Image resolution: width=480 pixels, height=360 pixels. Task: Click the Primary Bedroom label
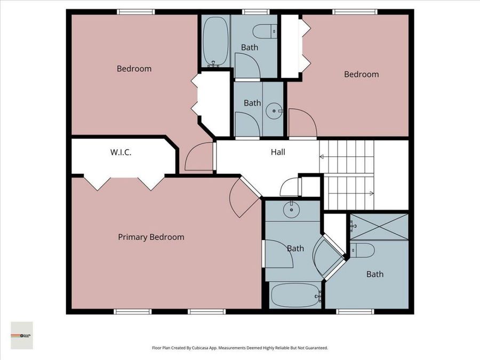pyautogui.click(x=151, y=237)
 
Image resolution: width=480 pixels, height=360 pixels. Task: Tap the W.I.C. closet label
pyautogui.click(x=121, y=153)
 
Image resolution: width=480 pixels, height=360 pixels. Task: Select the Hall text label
pyautogui.click(x=278, y=152)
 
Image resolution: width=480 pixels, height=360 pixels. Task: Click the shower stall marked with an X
pyautogui.click(x=379, y=227)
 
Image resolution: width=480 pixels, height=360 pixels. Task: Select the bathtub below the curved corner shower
pyautogui.click(x=295, y=295)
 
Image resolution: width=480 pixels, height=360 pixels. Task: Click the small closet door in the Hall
pyautogui.click(x=291, y=187)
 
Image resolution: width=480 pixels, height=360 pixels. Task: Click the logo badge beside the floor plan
pyautogui.click(x=22, y=335)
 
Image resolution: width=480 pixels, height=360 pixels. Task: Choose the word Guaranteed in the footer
pyautogui.click(x=315, y=348)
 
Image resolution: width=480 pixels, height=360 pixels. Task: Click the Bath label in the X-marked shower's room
pyautogui.click(x=374, y=274)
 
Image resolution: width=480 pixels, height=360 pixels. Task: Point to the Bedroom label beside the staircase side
pyautogui.click(x=361, y=74)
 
